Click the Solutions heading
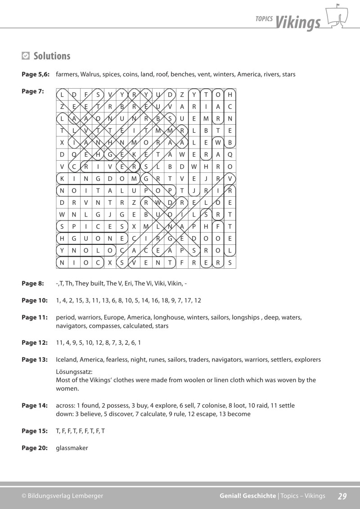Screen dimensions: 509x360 click(x=52, y=56)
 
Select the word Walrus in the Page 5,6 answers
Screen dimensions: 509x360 click(x=90, y=74)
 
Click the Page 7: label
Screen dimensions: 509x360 click(x=33, y=91)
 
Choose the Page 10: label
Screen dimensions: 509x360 click(x=35, y=300)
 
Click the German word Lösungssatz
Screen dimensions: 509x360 click(x=74, y=372)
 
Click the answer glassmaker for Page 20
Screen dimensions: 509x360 click(x=72, y=448)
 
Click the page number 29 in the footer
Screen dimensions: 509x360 click(x=342, y=496)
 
